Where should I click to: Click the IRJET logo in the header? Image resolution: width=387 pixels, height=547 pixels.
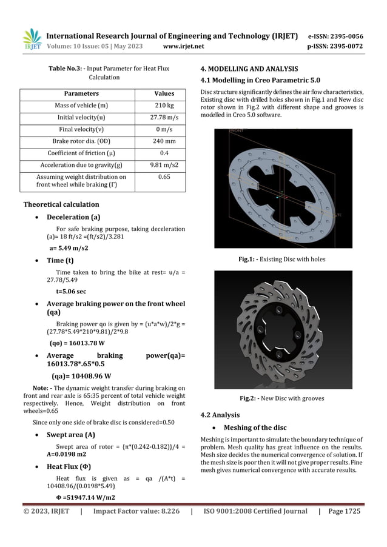click(x=32, y=39)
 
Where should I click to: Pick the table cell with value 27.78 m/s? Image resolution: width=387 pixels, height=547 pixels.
click(x=162, y=118)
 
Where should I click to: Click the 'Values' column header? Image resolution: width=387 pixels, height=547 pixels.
click(x=162, y=94)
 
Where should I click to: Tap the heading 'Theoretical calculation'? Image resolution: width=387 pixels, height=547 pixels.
click(x=61, y=204)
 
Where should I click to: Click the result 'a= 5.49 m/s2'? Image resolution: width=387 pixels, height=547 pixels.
click(x=69, y=248)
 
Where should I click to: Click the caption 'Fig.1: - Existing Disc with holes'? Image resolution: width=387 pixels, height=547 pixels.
click(x=283, y=259)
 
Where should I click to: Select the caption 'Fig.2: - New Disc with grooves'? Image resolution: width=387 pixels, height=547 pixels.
click(x=283, y=398)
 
